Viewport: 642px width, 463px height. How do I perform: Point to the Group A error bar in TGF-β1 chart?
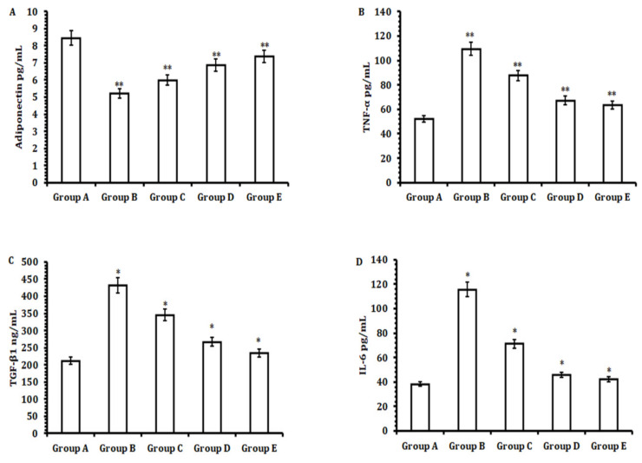(70, 361)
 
